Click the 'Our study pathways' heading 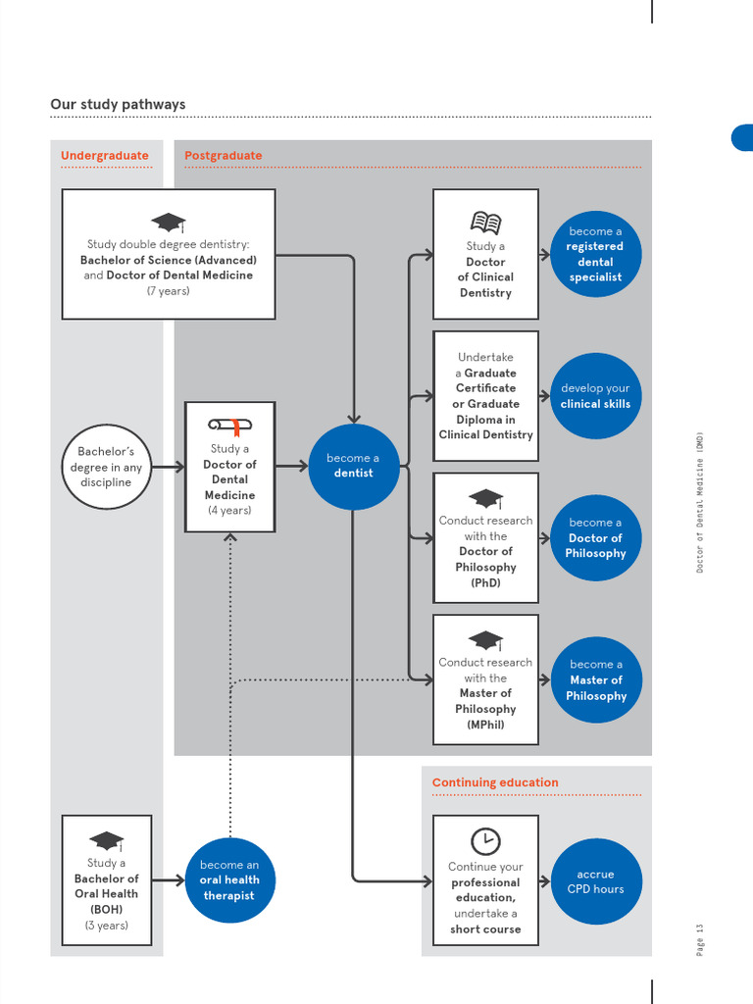tap(118, 104)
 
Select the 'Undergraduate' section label tap(105, 155)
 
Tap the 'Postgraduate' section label tap(224, 155)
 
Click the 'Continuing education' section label tap(495, 782)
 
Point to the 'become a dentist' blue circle tap(352, 466)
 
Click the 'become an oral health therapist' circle tap(229, 879)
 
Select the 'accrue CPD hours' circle tap(595, 881)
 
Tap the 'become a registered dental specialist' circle tap(595, 254)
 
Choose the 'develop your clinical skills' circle tap(595, 395)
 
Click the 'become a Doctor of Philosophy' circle tap(595, 537)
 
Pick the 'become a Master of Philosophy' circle tap(595, 679)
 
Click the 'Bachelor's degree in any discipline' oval tap(105, 467)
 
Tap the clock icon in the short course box tap(485, 840)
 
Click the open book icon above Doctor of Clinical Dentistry tap(485, 223)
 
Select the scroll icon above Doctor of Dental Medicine tap(229, 426)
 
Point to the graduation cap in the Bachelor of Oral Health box tap(106, 841)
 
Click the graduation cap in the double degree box tap(169, 223)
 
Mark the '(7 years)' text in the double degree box tap(169, 291)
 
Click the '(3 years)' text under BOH tap(106, 925)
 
